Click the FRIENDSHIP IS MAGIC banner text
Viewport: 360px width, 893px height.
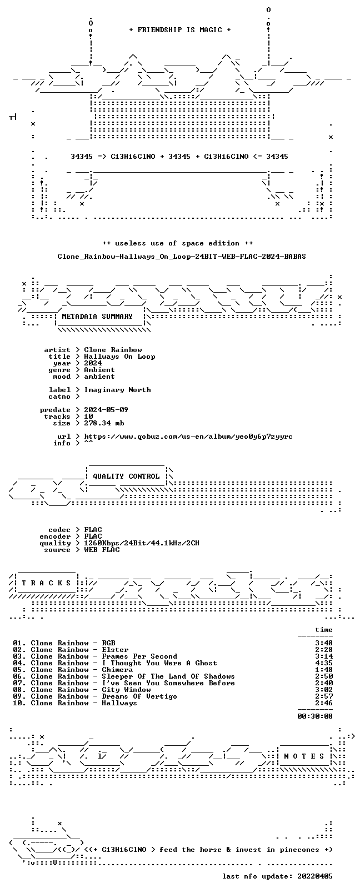pos(180,30)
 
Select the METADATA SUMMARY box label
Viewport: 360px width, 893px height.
pos(97,317)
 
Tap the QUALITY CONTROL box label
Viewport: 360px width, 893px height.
pos(126,476)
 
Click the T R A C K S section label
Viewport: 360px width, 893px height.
pos(46,583)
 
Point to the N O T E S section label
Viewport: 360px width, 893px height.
pos(304,756)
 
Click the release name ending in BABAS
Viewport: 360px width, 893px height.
pos(182,257)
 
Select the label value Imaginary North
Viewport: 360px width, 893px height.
pos(118,390)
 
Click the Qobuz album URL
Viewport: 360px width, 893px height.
pos(188,437)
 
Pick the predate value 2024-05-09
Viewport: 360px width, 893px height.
pos(106,410)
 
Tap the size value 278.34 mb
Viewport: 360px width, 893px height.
pos(104,423)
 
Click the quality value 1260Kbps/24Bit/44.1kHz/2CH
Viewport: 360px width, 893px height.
pos(142,543)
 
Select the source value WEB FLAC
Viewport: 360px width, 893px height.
pos(102,550)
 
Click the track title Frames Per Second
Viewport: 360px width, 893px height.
pos(139,656)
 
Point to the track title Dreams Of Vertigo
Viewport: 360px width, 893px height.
pos(139,696)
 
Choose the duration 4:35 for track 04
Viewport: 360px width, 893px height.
pos(324,664)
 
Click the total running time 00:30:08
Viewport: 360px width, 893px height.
pos(315,716)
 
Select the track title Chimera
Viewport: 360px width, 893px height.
pos(117,670)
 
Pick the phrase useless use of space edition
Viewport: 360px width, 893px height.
pos(177,244)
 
